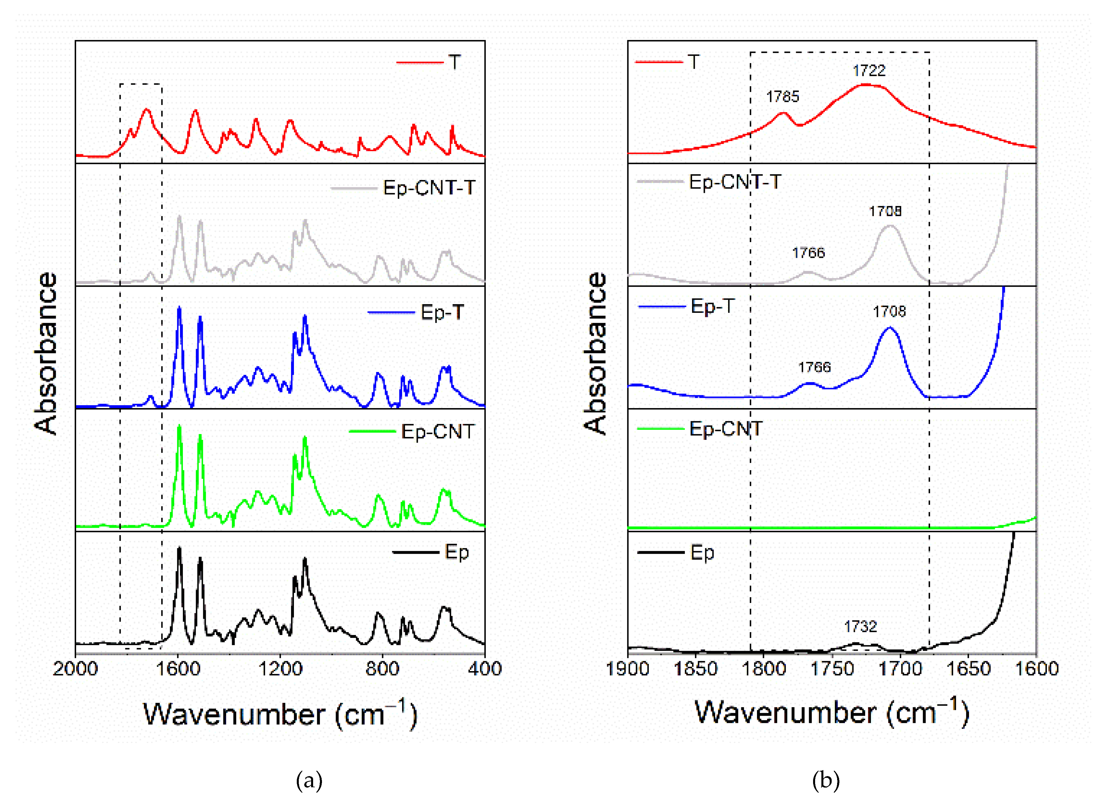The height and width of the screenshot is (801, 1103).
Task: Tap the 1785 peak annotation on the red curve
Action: point(782,97)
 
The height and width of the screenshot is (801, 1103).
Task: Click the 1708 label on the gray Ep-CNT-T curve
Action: point(885,211)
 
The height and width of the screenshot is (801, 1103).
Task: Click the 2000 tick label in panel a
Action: point(75,669)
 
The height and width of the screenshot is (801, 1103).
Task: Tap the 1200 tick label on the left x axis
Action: point(280,669)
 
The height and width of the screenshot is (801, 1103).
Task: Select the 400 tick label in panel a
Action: point(485,669)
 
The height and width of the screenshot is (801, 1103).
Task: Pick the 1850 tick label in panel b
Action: point(696,669)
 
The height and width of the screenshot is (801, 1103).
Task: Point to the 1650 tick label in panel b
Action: point(968,669)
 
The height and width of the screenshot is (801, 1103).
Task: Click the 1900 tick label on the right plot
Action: point(628,669)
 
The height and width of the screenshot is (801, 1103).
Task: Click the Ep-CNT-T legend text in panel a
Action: point(429,188)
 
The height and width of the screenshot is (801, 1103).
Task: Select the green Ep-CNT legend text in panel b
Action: point(726,429)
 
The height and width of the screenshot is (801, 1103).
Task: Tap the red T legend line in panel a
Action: point(420,62)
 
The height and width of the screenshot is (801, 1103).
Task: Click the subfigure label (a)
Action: point(309,781)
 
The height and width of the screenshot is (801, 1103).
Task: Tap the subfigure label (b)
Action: point(826,781)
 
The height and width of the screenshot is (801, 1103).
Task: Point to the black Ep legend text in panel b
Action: point(702,553)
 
